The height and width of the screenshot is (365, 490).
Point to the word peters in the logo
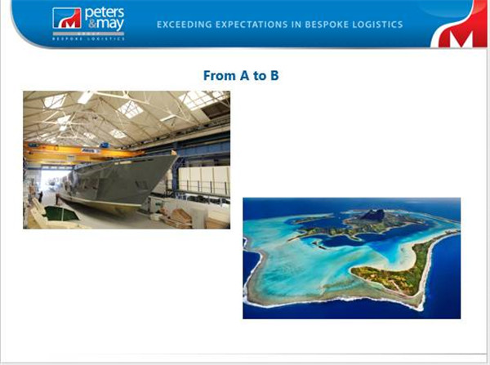[x=105, y=13]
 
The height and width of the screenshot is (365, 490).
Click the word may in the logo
[x=110, y=24]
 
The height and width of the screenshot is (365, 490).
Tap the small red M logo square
[x=67, y=18]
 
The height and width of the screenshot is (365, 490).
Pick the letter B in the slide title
[x=274, y=76]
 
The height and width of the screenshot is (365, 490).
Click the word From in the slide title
[x=220, y=76]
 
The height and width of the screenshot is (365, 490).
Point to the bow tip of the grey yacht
[x=176, y=154]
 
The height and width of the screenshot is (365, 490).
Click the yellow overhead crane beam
[x=84, y=152]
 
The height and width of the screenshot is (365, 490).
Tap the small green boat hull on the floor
[x=61, y=214]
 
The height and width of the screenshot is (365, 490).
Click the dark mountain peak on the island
[x=373, y=215]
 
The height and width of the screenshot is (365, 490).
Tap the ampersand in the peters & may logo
[x=91, y=24]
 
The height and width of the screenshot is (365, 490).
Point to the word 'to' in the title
[x=260, y=76]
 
